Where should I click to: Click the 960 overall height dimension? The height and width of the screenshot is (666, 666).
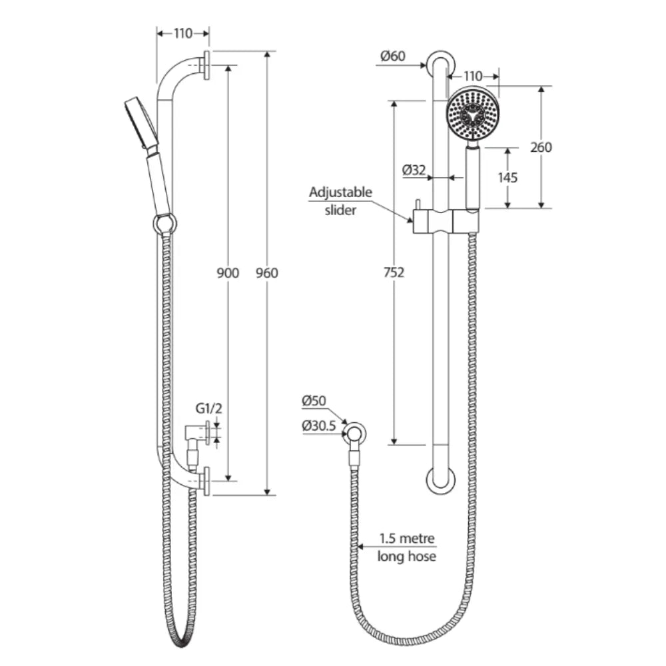[267, 273]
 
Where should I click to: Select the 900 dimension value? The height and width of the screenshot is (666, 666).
[228, 273]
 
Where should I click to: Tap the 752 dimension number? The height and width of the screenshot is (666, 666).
[394, 272]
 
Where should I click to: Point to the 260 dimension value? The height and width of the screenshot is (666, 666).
[541, 147]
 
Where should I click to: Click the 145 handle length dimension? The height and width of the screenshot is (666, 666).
[507, 177]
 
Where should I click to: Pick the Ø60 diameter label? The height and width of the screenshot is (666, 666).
[393, 57]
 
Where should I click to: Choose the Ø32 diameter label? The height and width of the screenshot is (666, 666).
[414, 170]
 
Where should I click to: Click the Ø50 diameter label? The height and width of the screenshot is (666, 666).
[313, 401]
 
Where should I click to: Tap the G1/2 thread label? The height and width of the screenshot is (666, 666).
[206, 408]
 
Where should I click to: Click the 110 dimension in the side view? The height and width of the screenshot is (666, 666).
[183, 33]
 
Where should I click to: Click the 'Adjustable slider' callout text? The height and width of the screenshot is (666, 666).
[340, 200]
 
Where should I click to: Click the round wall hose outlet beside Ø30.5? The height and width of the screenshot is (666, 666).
[356, 433]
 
